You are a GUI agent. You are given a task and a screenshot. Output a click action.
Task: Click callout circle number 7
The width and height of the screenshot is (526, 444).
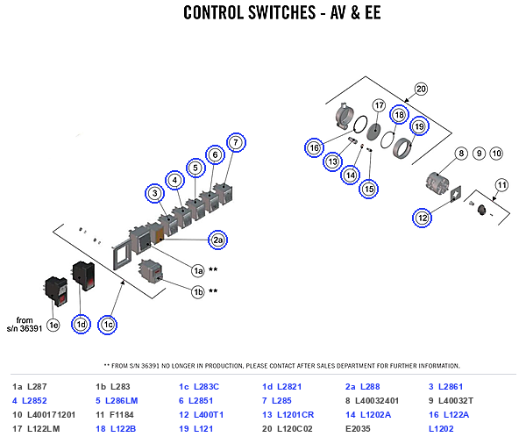(x=236, y=142)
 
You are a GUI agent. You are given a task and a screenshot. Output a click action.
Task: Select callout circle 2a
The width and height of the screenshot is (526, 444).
(x=217, y=240)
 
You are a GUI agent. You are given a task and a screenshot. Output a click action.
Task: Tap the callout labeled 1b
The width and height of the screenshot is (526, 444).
(x=198, y=292)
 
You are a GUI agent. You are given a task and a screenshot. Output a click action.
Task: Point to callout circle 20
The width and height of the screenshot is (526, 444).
(x=421, y=89)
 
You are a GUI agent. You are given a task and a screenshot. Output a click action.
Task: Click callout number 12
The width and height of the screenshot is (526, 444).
(x=422, y=218)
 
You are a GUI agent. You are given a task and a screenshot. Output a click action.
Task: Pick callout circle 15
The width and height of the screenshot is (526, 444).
(x=369, y=189)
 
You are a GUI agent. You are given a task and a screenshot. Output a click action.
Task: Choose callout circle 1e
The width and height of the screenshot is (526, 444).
(x=53, y=326)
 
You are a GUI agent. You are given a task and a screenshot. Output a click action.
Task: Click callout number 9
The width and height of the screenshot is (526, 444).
(x=479, y=154)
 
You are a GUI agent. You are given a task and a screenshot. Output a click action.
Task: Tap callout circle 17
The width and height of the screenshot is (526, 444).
(x=379, y=105)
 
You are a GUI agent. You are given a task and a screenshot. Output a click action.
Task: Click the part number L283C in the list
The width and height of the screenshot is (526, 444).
(x=206, y=387)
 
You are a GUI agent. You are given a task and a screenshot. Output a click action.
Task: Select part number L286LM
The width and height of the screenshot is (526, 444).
(x=122, y=401)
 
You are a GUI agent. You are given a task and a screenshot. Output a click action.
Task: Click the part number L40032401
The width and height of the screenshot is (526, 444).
(x=377, y=401)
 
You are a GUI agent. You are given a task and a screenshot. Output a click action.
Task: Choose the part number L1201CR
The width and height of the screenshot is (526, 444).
(x=295, y=415)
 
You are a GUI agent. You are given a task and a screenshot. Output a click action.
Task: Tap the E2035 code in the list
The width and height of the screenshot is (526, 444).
(x=358, y=429)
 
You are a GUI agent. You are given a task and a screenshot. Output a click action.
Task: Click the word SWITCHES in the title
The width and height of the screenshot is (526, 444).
(x=282, y=13)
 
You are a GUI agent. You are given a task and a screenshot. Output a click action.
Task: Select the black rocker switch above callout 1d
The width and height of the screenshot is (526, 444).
(x=84, y=276)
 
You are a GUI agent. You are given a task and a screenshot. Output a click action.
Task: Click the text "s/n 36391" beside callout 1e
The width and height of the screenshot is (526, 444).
(x=25, y=328)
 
